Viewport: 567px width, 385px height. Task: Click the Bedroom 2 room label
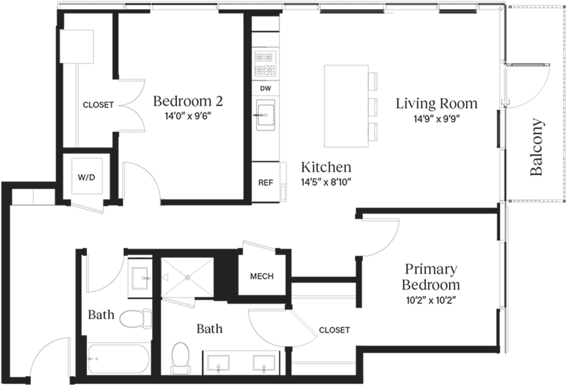coord(188,101)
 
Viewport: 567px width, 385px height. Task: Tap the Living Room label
coord(437,104)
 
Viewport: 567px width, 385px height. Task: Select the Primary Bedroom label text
coord(431,277)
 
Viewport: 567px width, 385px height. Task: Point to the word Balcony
coord(537,147)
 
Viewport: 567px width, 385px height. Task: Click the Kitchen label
coord(326,167)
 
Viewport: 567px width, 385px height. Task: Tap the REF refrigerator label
coord(266,183)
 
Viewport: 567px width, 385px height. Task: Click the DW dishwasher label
coord(265,88)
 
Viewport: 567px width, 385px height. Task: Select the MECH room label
coord(262,276)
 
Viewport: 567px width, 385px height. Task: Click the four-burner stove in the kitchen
coord(264,63)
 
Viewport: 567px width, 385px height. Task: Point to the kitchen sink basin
coord(266,115)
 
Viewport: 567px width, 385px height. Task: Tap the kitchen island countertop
coord(346,106)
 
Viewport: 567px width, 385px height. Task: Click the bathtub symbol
coord(118,359)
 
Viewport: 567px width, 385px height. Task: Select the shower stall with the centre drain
coord(187,277)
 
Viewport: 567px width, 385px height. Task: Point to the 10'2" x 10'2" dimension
coord(430,300)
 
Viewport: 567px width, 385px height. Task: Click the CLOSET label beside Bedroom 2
coord(98,105)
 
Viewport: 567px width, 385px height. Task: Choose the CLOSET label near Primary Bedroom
coord(334,330)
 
